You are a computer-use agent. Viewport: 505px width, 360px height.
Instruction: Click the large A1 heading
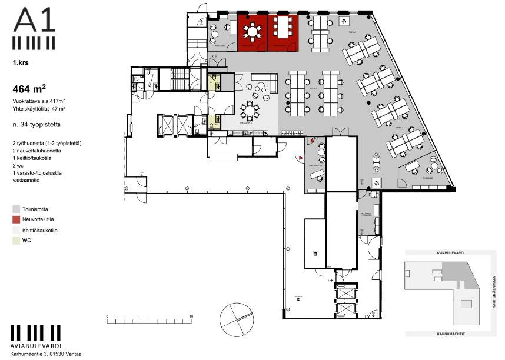(35, 21)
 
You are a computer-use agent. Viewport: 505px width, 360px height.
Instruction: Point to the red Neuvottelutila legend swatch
(16, 219)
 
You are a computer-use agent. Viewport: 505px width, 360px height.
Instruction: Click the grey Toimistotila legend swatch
(16, 208)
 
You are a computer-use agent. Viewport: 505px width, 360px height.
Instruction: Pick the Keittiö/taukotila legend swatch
(16, 230)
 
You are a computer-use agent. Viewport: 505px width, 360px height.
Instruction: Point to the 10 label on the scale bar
(191, 316)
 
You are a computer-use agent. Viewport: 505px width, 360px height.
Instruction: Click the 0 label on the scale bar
(107, 316)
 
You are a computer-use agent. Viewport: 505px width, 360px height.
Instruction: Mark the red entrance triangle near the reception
(301, 158)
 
